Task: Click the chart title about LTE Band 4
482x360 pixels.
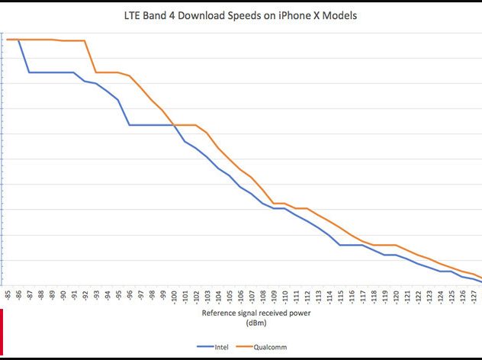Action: tap(241, 16)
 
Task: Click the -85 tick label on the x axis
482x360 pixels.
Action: tap(7, 294)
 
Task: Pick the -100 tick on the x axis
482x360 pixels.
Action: tap(173, 296)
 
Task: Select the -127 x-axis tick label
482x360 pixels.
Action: tap(474, 296)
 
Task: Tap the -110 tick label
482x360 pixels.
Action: tap(284, 296)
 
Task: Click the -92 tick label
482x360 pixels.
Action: tap(85, 294)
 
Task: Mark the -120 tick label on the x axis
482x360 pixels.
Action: tap(396, 296)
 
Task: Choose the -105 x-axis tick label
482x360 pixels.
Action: tap(229, 296)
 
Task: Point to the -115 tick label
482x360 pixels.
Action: tap(340, 296)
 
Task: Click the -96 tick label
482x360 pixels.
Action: tap(129, 294)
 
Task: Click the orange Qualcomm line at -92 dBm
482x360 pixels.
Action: tap(85, 41)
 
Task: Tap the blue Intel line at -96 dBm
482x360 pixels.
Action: tap(129, 124)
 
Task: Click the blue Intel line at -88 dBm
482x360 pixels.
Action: tap(40, 72)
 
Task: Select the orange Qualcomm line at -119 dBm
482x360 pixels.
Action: tap(384, 245)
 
